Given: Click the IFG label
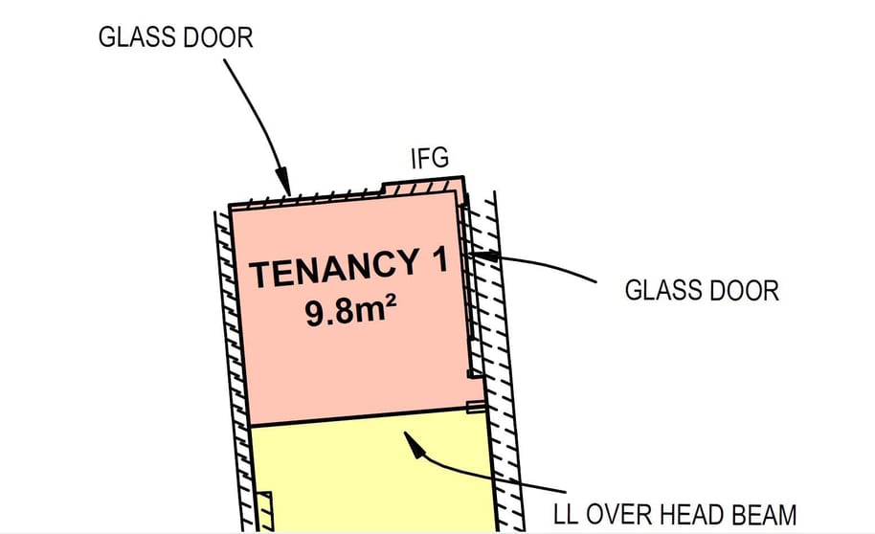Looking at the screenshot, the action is point(429,158).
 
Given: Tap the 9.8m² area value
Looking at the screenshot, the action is point(351,311).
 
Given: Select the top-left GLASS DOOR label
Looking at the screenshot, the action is point(176,37).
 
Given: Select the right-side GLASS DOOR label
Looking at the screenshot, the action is point(702,291).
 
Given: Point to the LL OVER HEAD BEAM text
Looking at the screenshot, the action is point(675,515).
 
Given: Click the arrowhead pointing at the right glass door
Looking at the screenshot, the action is point(483,256).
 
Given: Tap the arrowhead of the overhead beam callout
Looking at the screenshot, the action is point(413,444).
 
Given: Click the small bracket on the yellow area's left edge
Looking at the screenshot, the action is point(264,511).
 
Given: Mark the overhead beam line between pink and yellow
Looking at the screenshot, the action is point(366,417).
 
